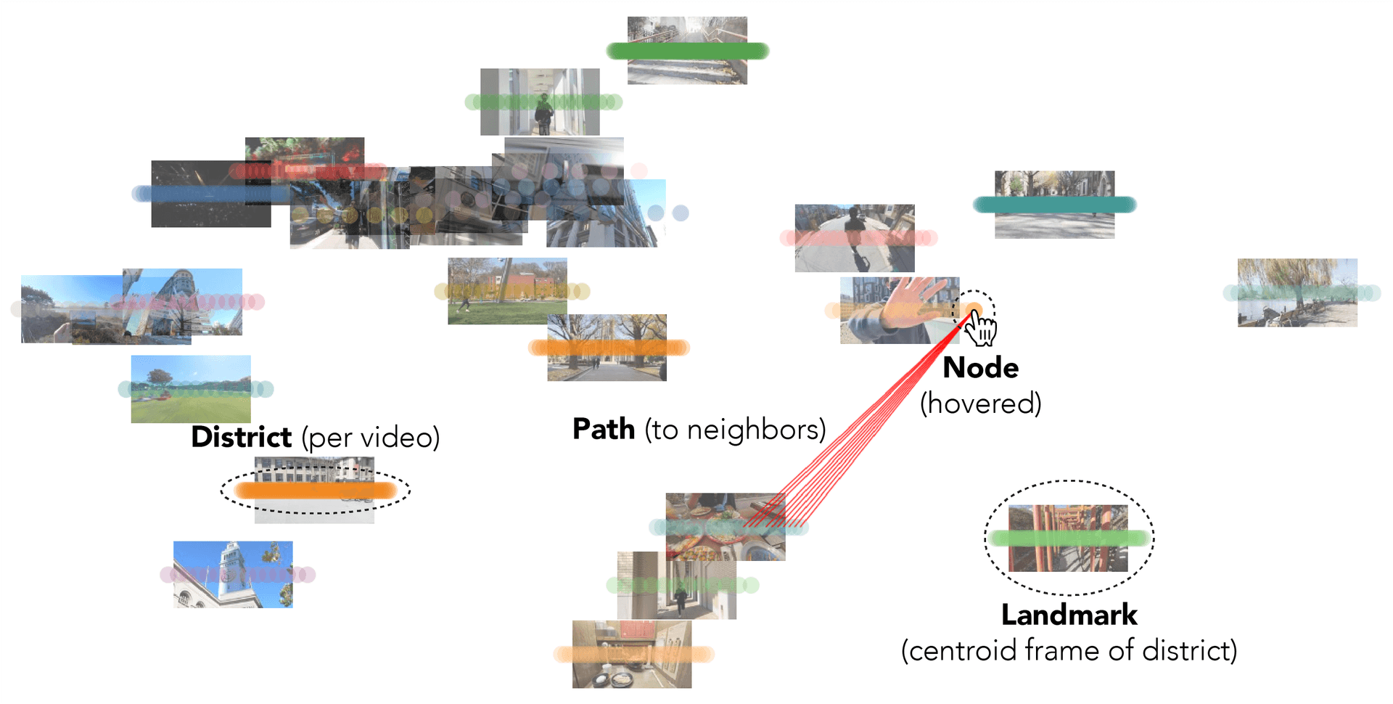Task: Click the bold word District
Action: pos(241,438)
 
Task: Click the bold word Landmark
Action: pos(1069,615)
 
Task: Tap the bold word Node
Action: pos(980,368)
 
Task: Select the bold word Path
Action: pos(604,429)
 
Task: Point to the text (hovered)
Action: pos(980,404)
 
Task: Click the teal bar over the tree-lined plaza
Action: pos(1054,205)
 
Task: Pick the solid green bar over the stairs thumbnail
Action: pos(687,51)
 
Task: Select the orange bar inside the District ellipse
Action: pos(315,491)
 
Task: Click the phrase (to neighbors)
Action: pos(735,430)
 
